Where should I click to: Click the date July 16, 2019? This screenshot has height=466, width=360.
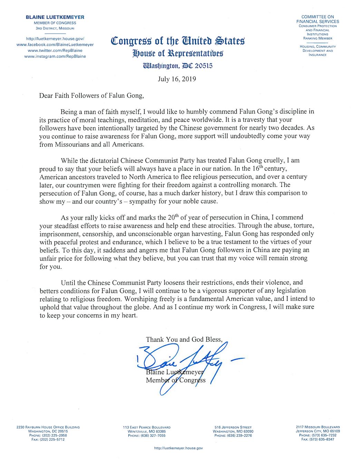click(x=177, y=79)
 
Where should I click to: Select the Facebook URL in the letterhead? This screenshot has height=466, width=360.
click(x=55, y=45)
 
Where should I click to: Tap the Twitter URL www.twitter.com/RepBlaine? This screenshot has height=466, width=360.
click(x=55, y=50)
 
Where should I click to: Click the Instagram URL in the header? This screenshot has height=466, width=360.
click(x=55, y=56)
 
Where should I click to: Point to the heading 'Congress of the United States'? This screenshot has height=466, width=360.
click(x=178, y=41)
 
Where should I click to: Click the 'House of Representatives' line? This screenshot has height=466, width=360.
click(x=178, y=54)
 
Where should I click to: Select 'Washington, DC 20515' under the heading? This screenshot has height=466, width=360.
click(x=178, y=66)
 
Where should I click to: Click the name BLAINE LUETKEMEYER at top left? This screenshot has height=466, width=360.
click(x=55, y=17)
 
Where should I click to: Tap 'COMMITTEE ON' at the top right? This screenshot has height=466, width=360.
click(x=318, y=17)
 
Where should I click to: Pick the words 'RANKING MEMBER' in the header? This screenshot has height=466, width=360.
click(x=318, y=38)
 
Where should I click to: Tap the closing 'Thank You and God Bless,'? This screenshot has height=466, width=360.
click(x=184, y=339)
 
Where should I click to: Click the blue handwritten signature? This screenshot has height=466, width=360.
click(x=186, y=362)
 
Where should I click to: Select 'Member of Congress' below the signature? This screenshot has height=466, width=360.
click(x=176, y=380)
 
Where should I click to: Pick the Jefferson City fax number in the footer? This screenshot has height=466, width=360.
click(x=318, y=439)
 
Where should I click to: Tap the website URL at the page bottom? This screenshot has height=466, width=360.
click(x=178, y=448)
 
